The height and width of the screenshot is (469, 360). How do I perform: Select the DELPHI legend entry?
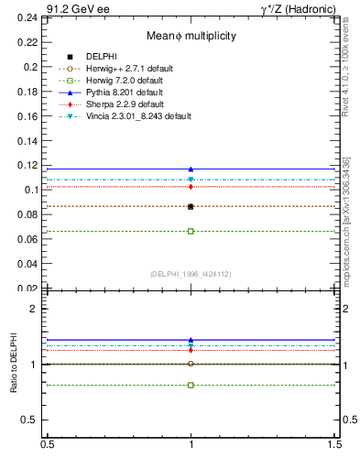101,57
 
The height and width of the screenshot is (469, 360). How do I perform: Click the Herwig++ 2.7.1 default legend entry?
131,69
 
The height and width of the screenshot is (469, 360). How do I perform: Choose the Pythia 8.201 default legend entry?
126,93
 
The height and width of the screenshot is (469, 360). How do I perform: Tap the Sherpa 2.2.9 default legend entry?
126,104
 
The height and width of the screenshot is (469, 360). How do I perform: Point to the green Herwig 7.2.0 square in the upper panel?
191,231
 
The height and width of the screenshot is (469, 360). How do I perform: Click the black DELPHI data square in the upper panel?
191,207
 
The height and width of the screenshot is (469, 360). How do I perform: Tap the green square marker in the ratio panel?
191,385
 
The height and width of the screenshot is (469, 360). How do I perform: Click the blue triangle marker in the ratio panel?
191,340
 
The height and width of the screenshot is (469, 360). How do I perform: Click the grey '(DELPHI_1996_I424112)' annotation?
191,273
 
